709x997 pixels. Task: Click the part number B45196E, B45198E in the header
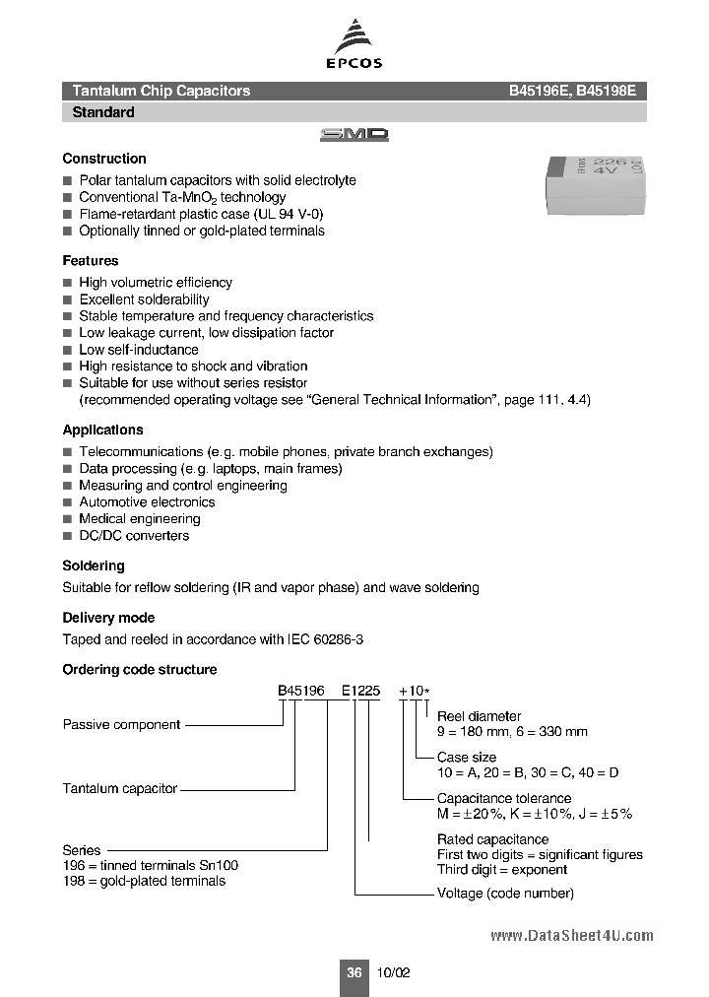click(572, 91)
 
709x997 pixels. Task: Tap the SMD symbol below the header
click(354, 135)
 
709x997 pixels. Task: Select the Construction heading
click(104, 159)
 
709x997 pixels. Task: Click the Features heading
click(91, 261)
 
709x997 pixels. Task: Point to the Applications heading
click(102, 430)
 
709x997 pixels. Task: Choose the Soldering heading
click(94, 566)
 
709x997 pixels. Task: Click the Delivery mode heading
click(108, 618)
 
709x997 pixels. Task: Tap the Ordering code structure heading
click(140, 670)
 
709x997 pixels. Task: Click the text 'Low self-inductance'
click(139, 350)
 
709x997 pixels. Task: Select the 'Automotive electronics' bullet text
click(147, 502)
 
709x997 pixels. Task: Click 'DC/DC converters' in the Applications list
click(134, 536)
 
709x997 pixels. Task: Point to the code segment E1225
click(360, 692)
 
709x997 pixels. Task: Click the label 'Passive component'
click(122, 725)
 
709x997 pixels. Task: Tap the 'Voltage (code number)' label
click(505, 894)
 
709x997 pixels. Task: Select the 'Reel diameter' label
click(480, 716)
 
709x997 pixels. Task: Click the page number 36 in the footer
click(354, 972)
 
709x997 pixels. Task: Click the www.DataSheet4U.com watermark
click(571, 936)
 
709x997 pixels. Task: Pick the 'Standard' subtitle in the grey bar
click(103, 112)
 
